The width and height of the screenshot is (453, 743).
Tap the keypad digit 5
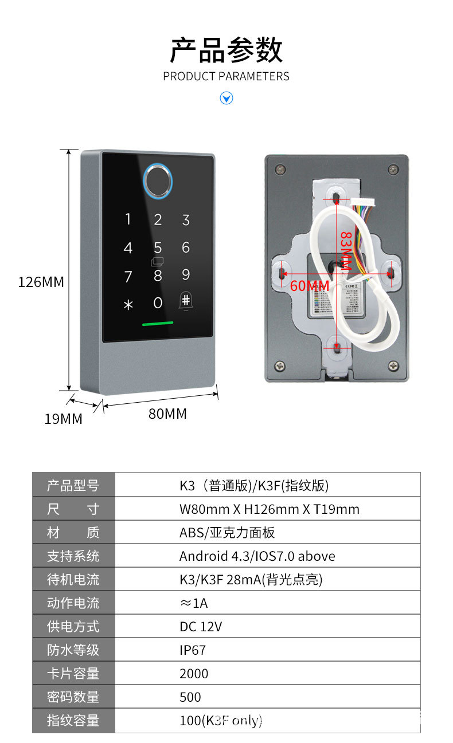pos(158,247)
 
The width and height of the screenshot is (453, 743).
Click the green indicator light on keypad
pos(158,324)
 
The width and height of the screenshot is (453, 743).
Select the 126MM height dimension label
pos(41,282)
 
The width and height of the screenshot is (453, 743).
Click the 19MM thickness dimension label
pos(64,419)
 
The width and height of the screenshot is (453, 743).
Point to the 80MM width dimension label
pos(168,413)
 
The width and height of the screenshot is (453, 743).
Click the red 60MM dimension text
pos(310,286)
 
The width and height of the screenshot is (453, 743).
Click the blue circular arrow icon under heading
pos(226,99)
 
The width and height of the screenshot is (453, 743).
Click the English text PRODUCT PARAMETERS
pos(226,76)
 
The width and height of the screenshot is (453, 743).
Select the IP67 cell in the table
pos(193,650)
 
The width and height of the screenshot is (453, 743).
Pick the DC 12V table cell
pos(201,627)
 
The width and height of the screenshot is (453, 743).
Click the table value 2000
pos(194,674)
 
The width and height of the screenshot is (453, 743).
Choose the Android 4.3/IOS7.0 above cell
pos(257,556)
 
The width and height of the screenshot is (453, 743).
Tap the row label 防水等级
pos(73,650)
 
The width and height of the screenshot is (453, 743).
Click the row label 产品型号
pos(73,486)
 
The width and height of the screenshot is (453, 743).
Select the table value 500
pos(190,697)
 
